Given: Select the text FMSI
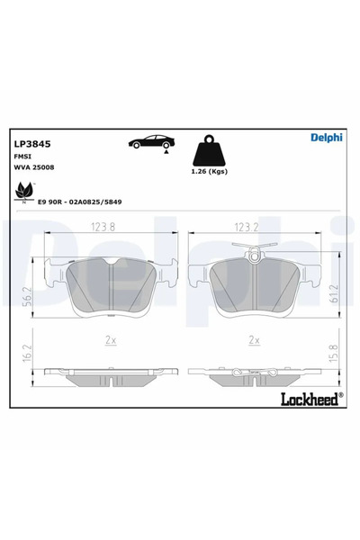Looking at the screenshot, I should [x=22, y=156].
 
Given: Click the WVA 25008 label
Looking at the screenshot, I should [x=32, y=167].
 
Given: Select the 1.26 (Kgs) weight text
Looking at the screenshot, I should [x=211, y=172].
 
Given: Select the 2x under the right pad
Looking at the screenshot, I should [x=254, y=340].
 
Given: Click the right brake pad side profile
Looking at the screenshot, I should [x=255, y=371].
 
